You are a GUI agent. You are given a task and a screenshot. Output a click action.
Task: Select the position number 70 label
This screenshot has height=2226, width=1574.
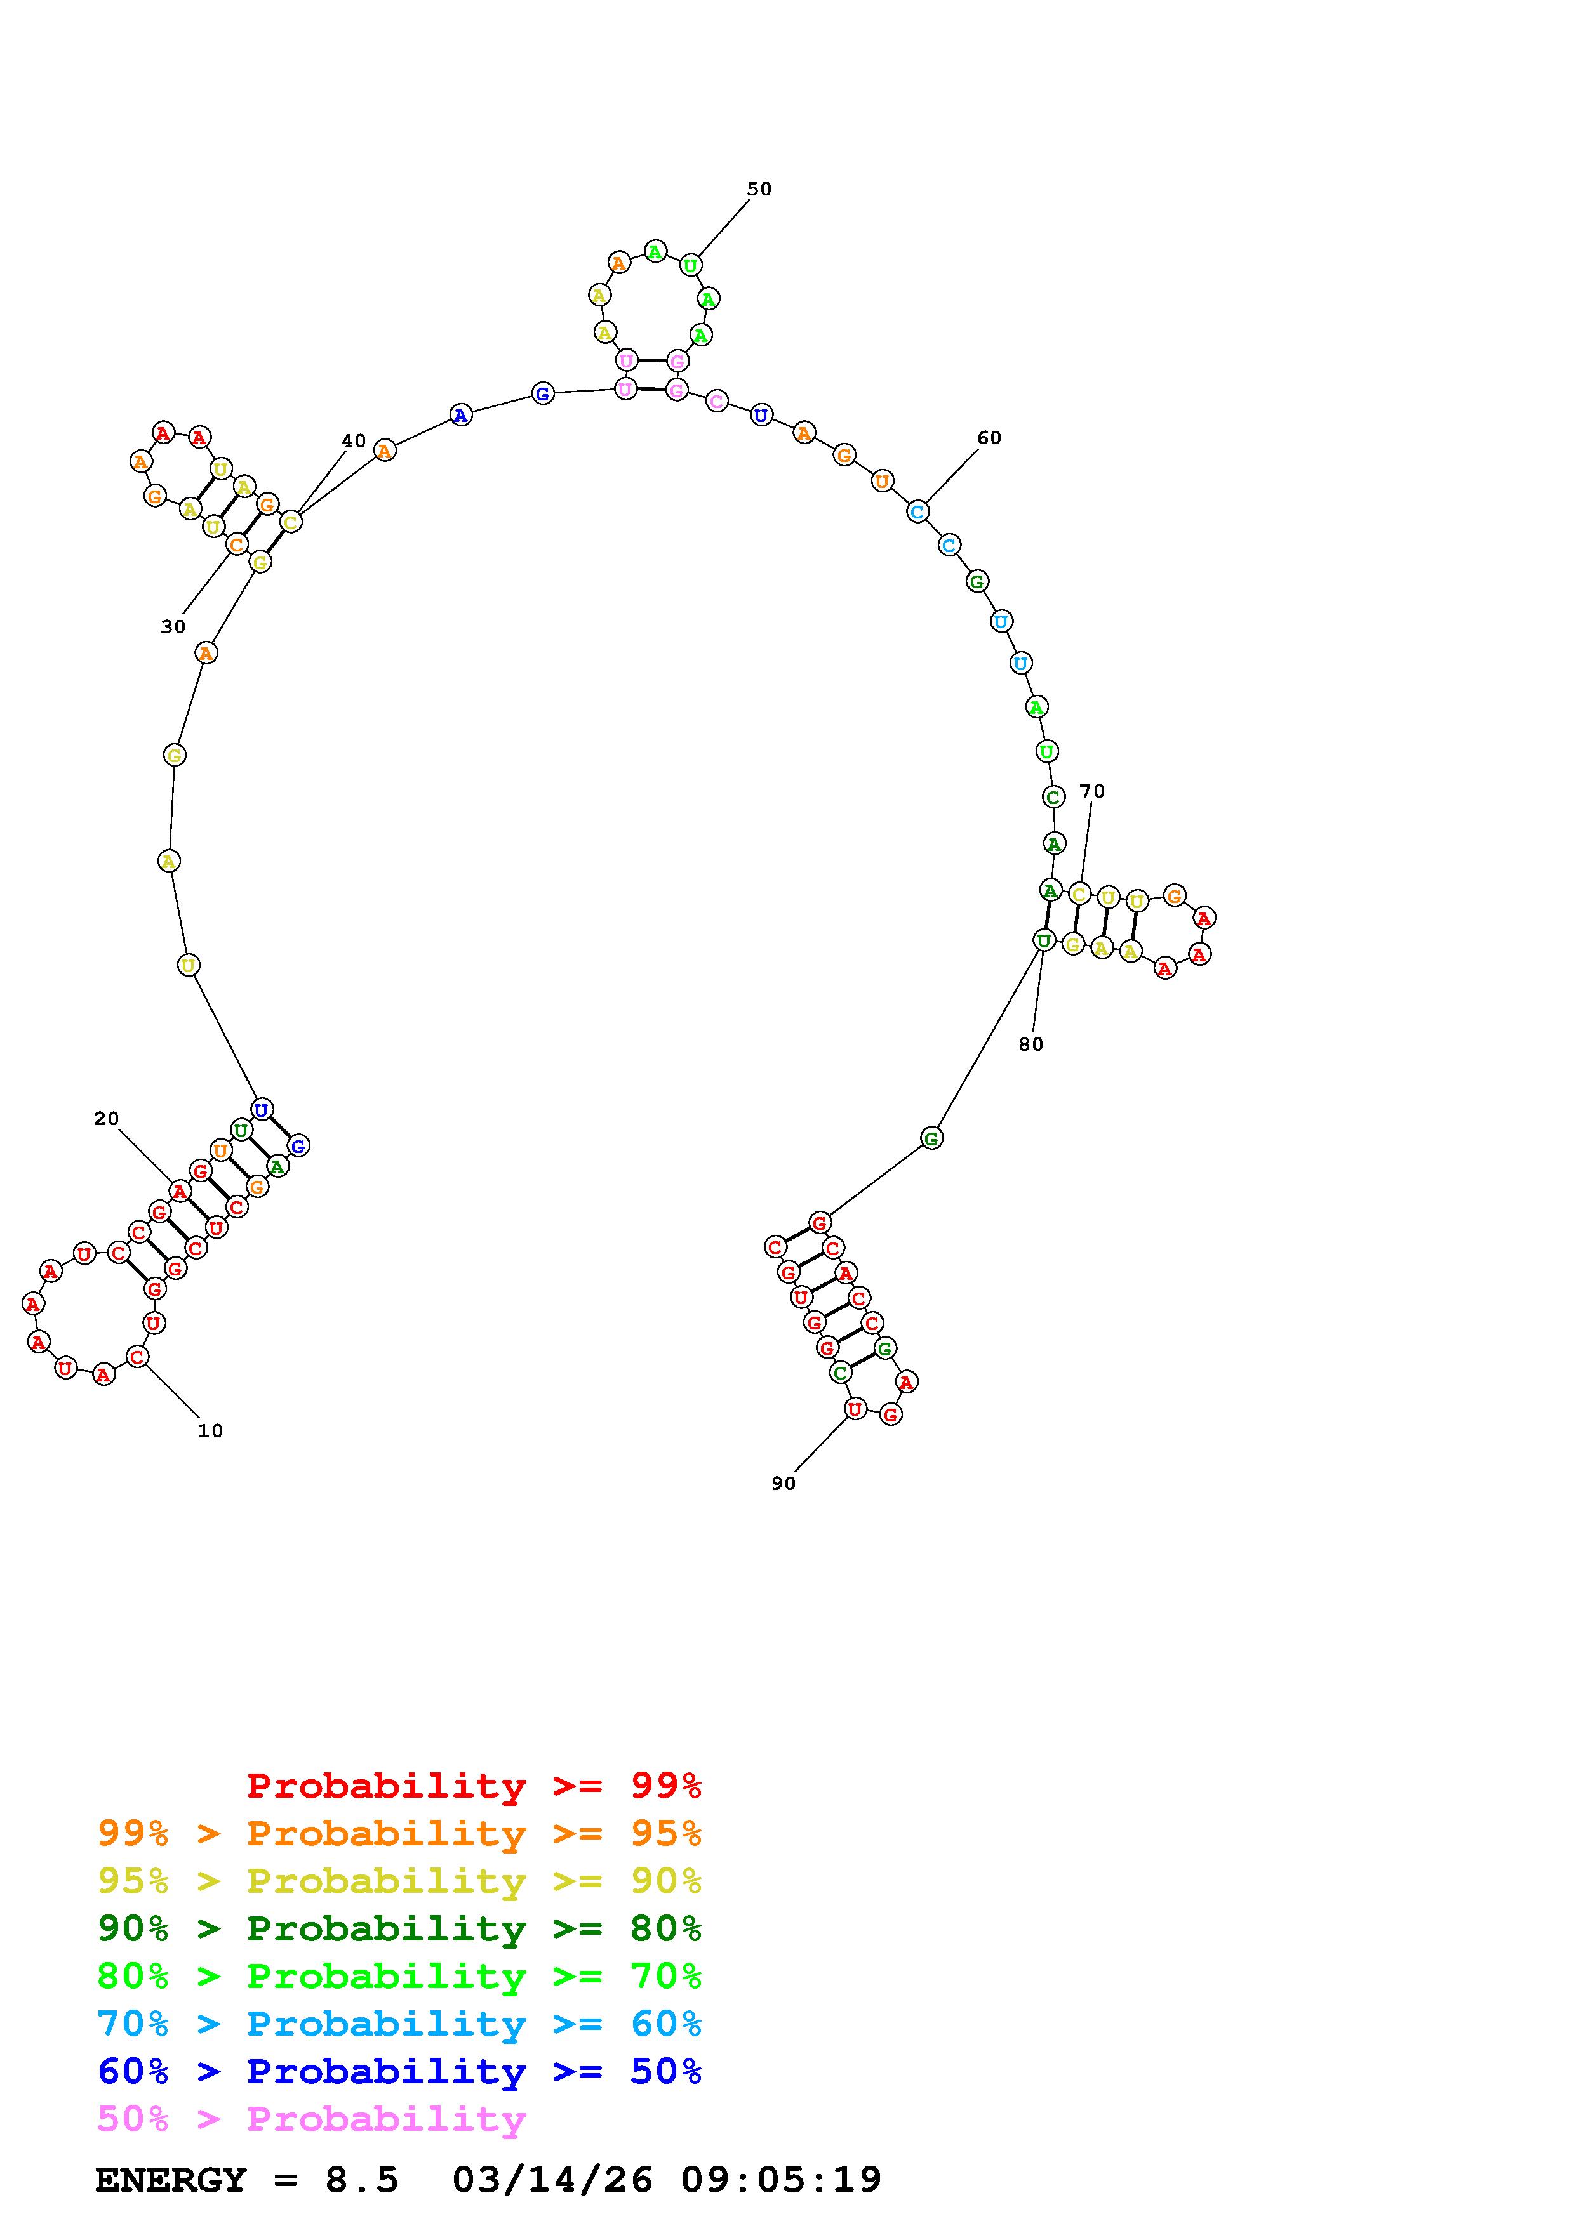[x=1092, y=791]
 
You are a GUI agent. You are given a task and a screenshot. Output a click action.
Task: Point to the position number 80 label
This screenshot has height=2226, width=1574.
[x=1031, y=1044]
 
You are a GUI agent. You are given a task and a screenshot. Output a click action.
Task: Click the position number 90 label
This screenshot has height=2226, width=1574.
[x=784, y=1484]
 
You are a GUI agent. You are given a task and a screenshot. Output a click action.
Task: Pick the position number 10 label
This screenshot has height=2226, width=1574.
[x=210, y=1430]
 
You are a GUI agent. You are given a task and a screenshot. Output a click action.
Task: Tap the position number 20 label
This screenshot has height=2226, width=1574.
[x=107, y=1119]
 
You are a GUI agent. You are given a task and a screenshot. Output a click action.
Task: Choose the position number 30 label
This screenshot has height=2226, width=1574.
[x=173, y=628]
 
